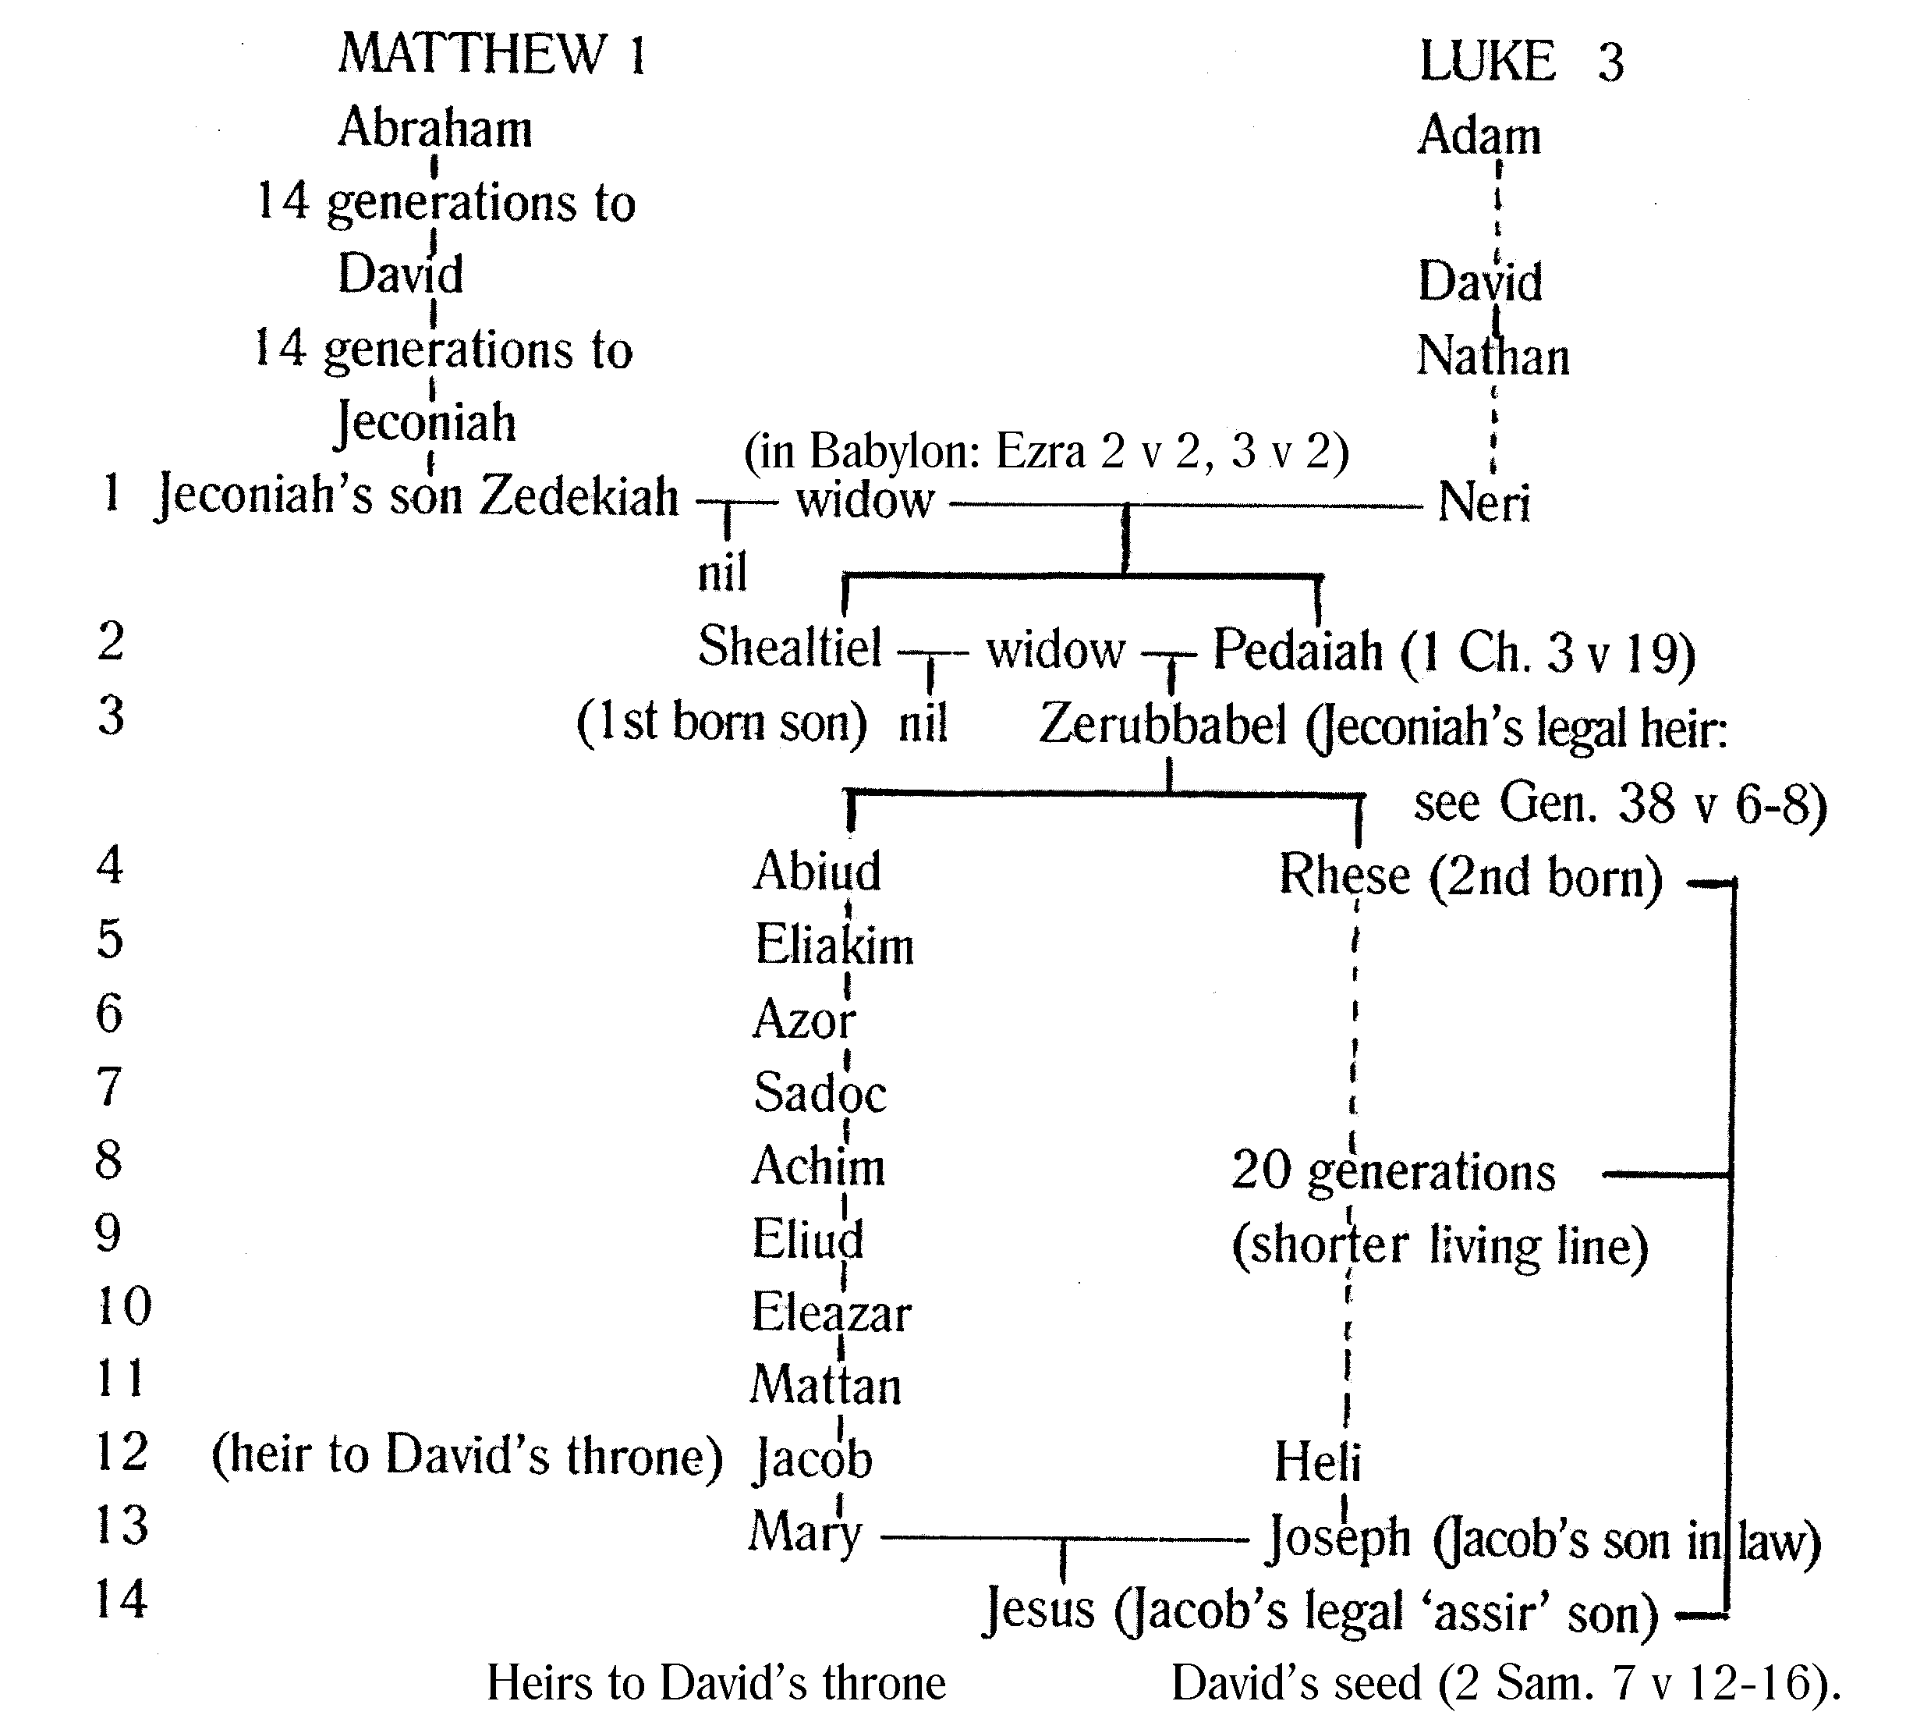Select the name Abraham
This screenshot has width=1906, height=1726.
click(x=435, y=128)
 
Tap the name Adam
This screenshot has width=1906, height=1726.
click(x=1479, y=135)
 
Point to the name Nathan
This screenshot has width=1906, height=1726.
click(x=1493, y=357)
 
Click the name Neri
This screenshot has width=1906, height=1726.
click(x=1483, y=503)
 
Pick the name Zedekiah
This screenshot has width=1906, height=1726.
click(x=579, y=496)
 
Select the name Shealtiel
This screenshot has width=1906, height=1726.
click(x=789, y=648)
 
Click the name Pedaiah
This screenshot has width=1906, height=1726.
click(x=1297, y=652)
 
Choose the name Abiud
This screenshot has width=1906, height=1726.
click(x=817, y=871)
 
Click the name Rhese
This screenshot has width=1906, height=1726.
click(x=1344, y=875)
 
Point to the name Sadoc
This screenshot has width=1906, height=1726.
click(x=820, y=1093)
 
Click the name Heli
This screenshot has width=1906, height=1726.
click(x=1317, y=1461)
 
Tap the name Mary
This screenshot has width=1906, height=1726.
click(x=805, y=1532)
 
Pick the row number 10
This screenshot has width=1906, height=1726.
click(x=124, y=1307)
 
